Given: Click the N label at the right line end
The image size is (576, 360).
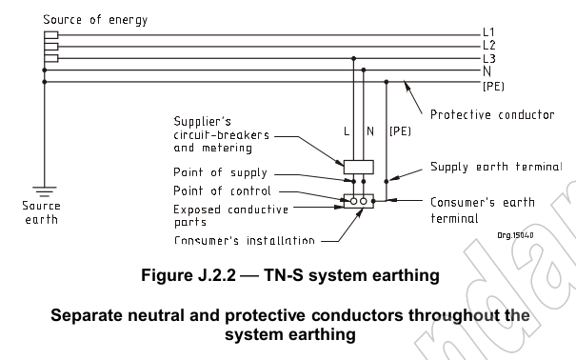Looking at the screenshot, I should (487, 70).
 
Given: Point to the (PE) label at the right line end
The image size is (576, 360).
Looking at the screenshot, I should (493, 84).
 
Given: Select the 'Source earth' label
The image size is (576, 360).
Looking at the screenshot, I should (41, 212).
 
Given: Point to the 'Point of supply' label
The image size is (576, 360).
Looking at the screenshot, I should (219, 172).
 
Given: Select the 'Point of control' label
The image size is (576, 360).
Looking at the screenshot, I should (221, 190).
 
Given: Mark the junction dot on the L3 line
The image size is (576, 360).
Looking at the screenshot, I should (354, 58).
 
